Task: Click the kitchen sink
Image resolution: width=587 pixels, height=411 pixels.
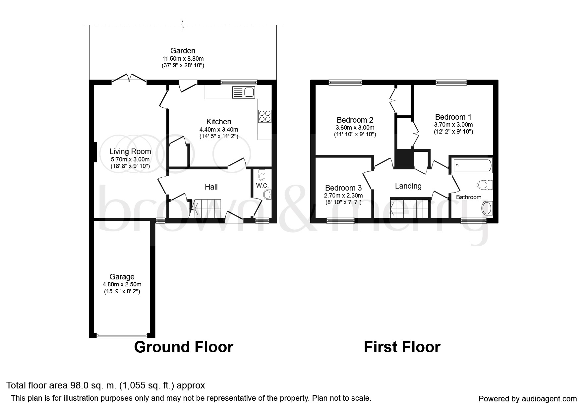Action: tap(243, 92)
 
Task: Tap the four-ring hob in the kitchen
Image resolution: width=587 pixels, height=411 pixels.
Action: tap(264, 116)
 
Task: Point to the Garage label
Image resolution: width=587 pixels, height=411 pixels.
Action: tap(122, 277)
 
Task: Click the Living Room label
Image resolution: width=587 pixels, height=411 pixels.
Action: tap(130, 151)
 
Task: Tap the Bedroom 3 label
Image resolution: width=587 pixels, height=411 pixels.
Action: tap(343, 188)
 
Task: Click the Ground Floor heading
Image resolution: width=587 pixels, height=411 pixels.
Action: tap(184, 347)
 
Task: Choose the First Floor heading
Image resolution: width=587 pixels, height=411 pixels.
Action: tap(402, 347)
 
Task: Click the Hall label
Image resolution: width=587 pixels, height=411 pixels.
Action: tap(211, 187)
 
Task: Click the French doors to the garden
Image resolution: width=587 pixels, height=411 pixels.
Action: tap(129, 78)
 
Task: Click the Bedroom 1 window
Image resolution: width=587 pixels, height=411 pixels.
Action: tap(451, 83)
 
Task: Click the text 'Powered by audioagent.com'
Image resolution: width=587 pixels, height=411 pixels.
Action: tap(528, 399)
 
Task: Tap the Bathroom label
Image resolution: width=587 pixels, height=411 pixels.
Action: tap(469, 197)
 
